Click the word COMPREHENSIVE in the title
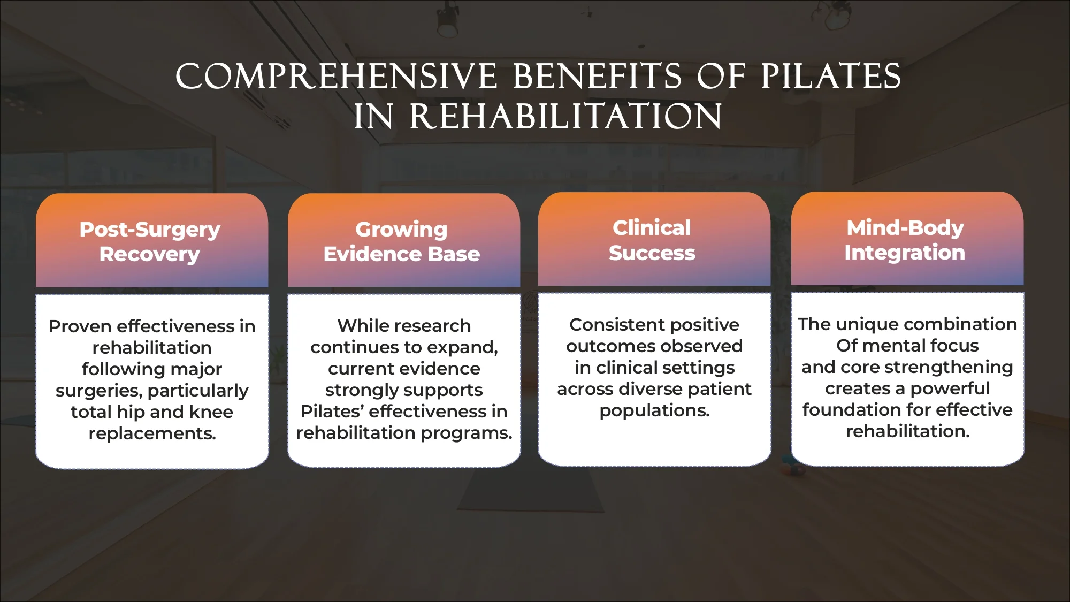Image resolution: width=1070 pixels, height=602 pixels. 336,77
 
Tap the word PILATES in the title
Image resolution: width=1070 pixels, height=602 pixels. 830,77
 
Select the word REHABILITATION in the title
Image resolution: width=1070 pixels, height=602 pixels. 565,117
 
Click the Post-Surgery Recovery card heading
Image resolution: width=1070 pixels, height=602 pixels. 150,241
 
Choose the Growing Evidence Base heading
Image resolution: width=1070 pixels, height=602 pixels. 402,241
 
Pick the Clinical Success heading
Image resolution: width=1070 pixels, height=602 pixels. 652,240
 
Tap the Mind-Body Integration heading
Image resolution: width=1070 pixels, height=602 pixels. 905,240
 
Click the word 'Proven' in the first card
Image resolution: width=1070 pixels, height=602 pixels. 80,326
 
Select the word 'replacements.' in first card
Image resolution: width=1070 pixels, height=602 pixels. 152,433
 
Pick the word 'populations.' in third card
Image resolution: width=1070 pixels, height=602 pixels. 654,410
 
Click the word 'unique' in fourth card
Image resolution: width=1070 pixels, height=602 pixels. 861,324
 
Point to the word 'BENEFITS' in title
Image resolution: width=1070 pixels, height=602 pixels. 597,77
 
